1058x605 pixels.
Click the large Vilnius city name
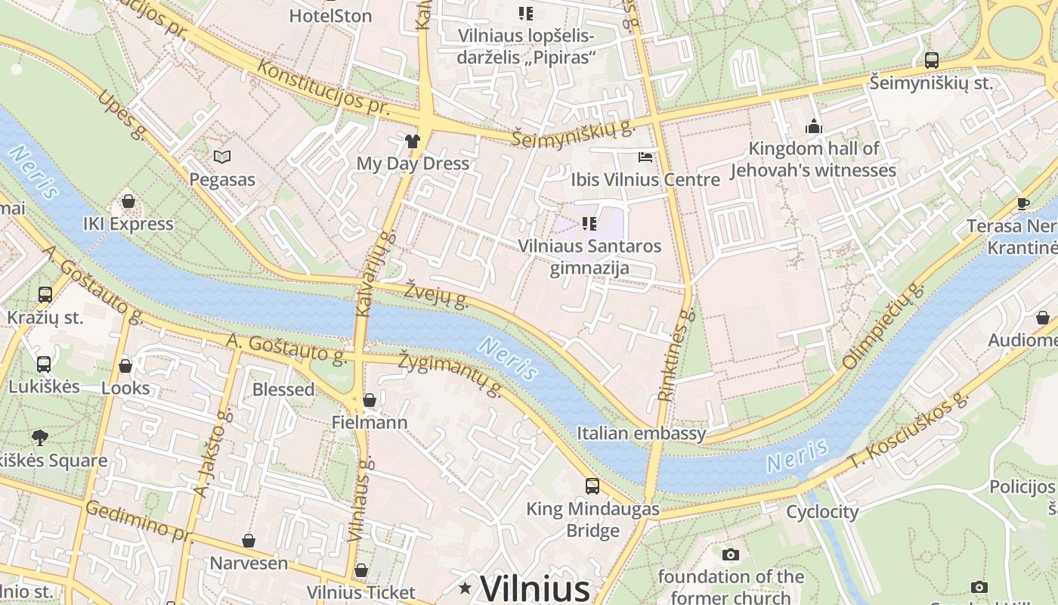[535, 588]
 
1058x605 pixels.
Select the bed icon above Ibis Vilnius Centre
[645, 157]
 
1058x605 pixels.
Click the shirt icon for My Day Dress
[412, 141]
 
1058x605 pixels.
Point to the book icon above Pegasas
[221, 157]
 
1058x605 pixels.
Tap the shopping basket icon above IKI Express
[128, 202]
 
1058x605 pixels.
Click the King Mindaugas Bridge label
[592, 520]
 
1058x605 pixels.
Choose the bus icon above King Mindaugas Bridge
[592, 486]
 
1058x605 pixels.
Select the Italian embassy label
[641, 433]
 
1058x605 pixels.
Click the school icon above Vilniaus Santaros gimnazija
[589, 224]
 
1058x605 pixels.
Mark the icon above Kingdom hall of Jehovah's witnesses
[814, 126]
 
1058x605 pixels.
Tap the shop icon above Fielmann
[370, 400]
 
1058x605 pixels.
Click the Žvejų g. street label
[436, 295]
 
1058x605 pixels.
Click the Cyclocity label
[822, 512]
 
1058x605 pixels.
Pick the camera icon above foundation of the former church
[730, 554]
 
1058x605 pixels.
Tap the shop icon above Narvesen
[249, 541]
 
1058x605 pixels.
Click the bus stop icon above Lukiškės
[44, 365]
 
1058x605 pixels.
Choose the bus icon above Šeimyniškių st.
[932, 60]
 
